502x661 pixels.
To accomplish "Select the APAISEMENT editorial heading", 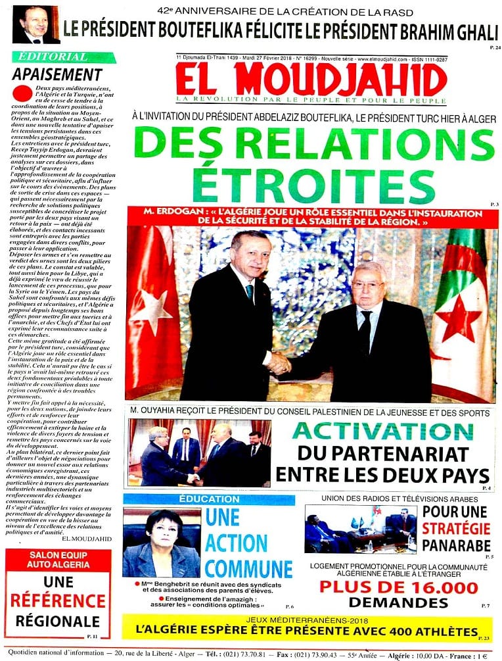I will coord(57,74).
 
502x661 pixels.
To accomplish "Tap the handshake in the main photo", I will coord(280,362).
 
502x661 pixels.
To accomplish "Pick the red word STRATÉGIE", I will coord(456,528).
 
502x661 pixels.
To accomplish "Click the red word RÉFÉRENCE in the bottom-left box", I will coord(57,600).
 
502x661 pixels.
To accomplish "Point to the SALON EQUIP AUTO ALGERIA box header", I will coord(57,558).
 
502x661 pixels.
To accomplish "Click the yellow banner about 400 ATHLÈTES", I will coord(306,627).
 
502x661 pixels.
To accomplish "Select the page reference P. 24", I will coord(495,48).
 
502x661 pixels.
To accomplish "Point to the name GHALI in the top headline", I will coord(467,30).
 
